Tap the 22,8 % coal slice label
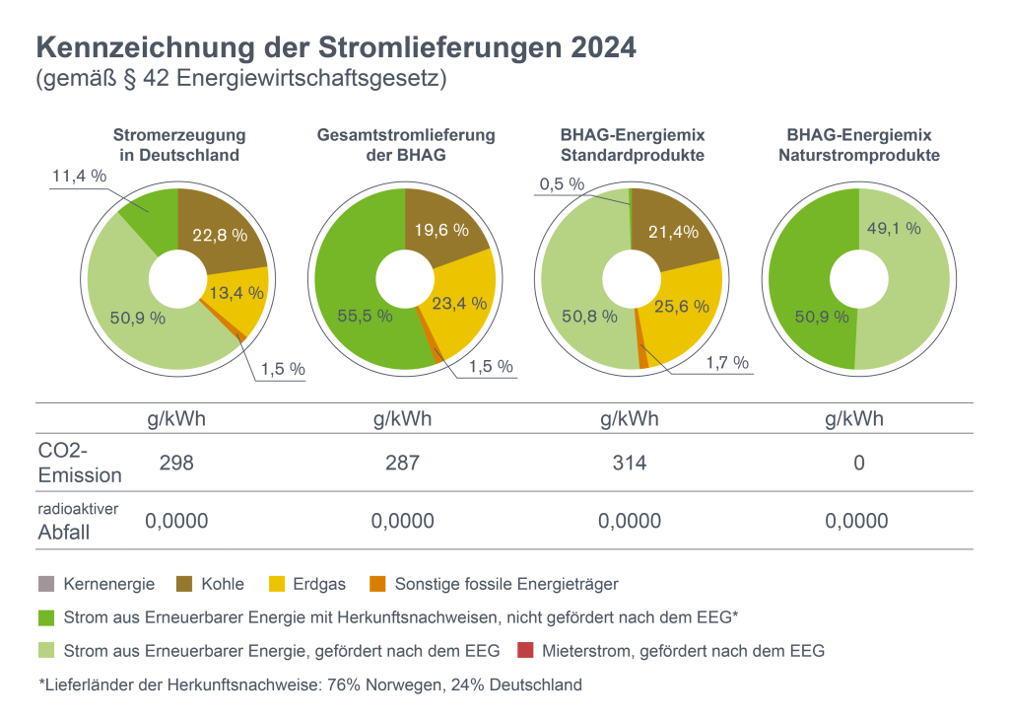point(219,234)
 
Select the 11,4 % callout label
point(78,177)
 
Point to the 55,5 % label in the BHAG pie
point(364,317)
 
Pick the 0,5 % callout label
point(563,184)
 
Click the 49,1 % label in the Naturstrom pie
point(893,228)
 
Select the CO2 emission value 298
point(176,462)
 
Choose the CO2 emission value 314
point(631,462)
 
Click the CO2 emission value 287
point(403,462)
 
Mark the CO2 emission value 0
point(859,462)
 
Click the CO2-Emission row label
point(79,463)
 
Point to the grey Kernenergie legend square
point(45,584)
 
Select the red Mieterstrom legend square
point(524,651)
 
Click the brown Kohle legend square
point(183,584)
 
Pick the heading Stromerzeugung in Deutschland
point(179,145)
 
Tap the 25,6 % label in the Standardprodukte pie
point(682,306)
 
